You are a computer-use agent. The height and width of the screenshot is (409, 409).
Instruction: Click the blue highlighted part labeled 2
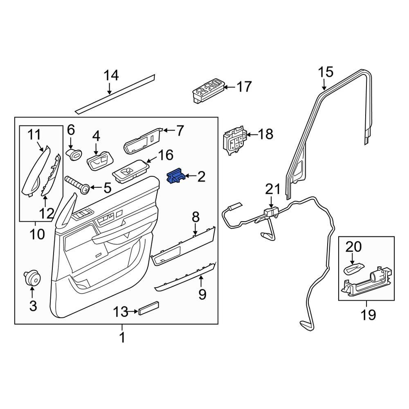(x=176, y=177)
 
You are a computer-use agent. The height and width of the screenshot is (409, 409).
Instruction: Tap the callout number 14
(x=110, y=76)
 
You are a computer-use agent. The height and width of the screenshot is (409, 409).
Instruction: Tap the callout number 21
(x=272, y=189)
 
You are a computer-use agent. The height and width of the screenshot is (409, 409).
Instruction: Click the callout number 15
(x=326, y=72)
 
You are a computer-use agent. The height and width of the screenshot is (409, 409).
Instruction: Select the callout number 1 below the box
(x=121, y=337)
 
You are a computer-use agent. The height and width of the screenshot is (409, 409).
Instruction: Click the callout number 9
(x=202, y=293)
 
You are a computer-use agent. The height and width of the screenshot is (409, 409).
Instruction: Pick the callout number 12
(x=46, y=213)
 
